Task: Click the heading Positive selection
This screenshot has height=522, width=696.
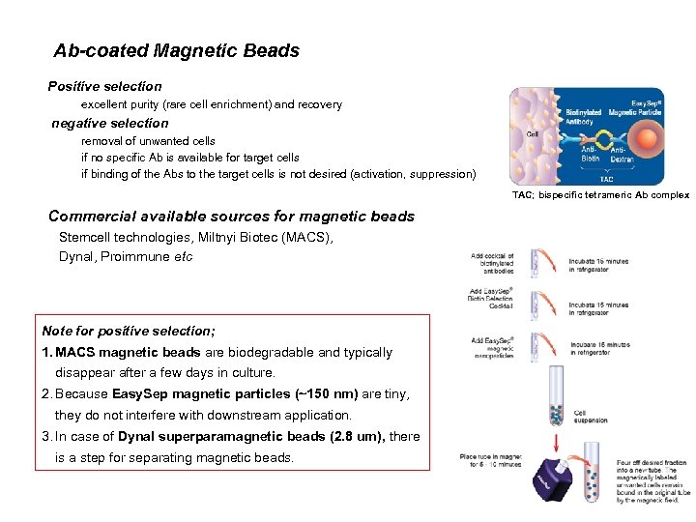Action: tap(105, 86)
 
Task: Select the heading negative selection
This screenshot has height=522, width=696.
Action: tap(110, 123)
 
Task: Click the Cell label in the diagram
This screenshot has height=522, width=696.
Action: tap(533, 134)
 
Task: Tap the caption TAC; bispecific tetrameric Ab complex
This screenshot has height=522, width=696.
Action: tap(600, 195)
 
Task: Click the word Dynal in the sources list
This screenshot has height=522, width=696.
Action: tap(77, 256)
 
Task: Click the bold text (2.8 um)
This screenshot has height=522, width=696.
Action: tap(354, 436)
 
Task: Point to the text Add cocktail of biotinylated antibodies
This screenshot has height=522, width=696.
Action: tap(492, 265)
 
